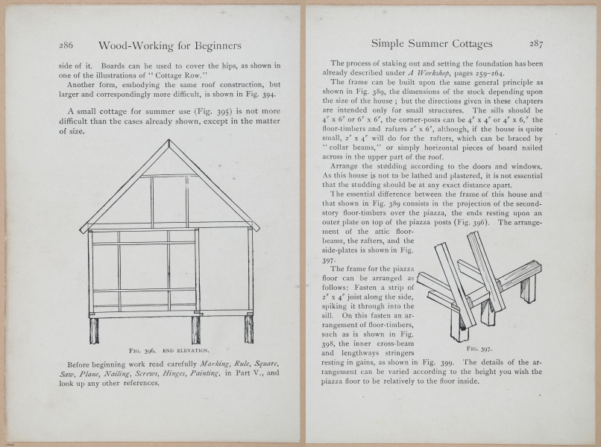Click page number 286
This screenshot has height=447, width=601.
(66, 45)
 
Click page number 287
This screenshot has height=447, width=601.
(537, 43)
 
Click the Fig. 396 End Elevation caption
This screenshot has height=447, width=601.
(169, 349)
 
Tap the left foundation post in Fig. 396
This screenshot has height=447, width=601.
(94, 330)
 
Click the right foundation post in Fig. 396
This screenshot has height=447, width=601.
(248, 329)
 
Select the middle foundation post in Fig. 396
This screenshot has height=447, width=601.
(196, 330)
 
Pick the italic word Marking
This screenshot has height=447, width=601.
(212, 364)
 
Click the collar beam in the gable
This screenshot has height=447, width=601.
(169, 176)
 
